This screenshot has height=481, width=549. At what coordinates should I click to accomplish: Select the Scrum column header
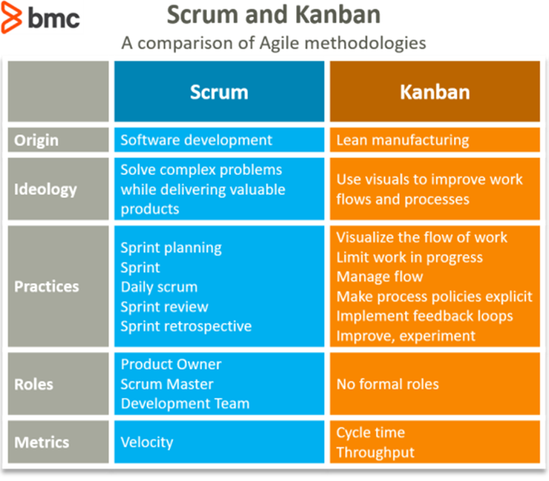click(x=219, y=91)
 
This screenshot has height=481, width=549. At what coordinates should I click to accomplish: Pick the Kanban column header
click(x=435, y=91)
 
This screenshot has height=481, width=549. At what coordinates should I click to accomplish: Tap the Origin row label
click(x=36, y=140)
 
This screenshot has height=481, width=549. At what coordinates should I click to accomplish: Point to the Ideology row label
click(x=45, y=189)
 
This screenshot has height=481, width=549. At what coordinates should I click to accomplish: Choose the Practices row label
click(x=47, y=286)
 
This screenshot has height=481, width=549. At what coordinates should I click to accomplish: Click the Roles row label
click(x=34, y=385)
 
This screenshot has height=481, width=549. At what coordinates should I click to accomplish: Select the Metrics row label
click(x=42, y=442)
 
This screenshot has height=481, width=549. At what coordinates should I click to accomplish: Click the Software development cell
click(x=196, y=140)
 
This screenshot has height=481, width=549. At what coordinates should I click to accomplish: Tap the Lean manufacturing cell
click(x=403, y=140)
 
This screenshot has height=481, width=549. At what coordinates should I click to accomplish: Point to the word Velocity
click(x=147, y=442)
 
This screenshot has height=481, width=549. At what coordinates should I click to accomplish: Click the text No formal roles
click(x=387, y=384)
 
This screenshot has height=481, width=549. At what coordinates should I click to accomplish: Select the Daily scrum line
click(x=159, y=287)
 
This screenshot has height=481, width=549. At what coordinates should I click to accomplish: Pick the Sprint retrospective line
click(x=186, y=326)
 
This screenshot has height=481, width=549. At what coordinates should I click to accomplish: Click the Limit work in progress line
click(x=409, y=257)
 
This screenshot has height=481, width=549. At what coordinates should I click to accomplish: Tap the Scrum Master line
click(x=167, y=384)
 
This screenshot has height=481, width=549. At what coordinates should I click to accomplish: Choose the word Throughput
click(x=375, y=452)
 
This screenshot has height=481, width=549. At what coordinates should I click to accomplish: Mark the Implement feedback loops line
click(x=424, y=316)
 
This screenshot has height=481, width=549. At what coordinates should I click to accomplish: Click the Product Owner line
click(x=171, y=364)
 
